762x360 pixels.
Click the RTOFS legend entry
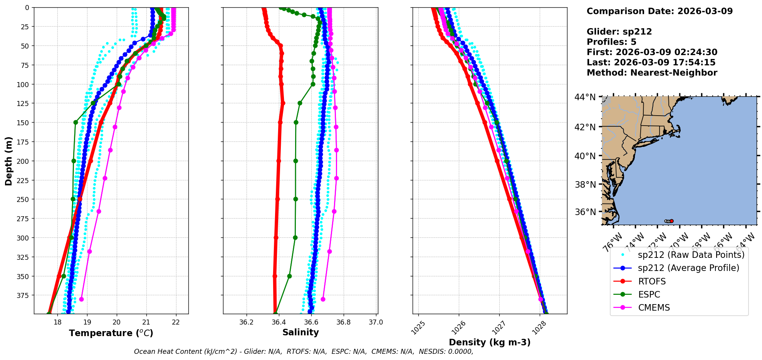pos(651,281)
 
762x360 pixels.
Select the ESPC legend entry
pos(649,294)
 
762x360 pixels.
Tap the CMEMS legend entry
pos(654,308)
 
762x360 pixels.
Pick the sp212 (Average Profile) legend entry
pos(688,268)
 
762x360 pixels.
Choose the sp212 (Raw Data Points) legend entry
pos(691,255)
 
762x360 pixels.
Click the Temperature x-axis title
pos(111,333)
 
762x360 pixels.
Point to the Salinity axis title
pos(300,332)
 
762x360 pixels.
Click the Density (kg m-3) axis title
pos(490,342)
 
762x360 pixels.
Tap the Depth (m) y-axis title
pos(8,161)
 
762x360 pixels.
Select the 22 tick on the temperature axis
pos(176,322)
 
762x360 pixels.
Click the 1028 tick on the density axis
pos(539,328)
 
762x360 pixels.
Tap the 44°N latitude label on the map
pos(585,97)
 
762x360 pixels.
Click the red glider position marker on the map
pos(671,221)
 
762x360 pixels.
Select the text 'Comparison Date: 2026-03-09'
pos(660,11)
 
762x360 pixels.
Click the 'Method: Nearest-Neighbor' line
pos(652,73)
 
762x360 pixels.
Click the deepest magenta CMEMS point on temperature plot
pos(81,299)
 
